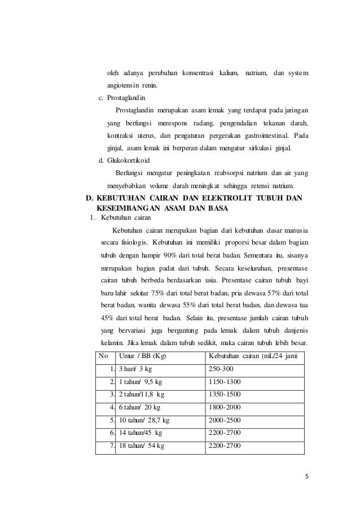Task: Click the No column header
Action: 103,356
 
